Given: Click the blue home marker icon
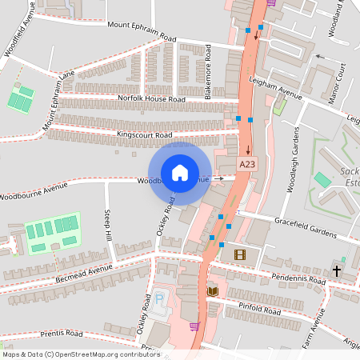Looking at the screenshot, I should point(180,172).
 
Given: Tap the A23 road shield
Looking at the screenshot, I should point(248,164).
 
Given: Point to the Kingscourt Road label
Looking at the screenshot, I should point(144,134).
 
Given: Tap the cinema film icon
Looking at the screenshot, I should point(240,254).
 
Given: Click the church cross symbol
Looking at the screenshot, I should point(336,270).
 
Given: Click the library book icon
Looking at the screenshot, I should point(212,291).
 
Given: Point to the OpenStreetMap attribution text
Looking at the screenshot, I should point(81,354).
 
